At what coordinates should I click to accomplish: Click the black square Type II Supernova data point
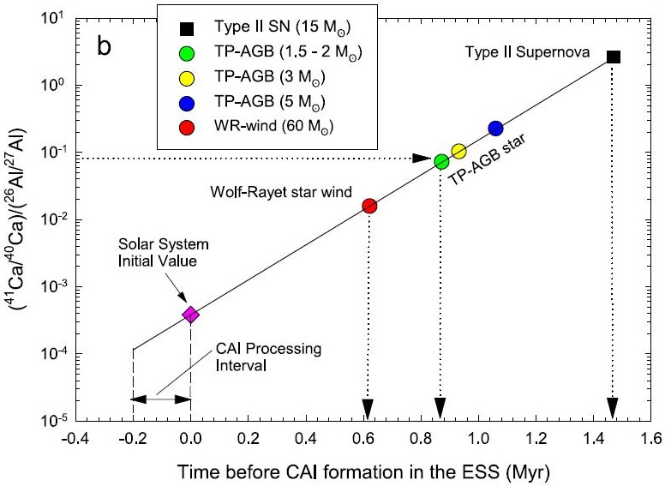(613, 57)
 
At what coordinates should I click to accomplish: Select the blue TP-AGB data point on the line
(495, 129)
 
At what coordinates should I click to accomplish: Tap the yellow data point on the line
(458, 151)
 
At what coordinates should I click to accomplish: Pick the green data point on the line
(441, 162)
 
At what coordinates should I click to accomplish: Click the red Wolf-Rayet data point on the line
(369, 206)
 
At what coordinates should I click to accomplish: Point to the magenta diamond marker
(190, 315)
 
